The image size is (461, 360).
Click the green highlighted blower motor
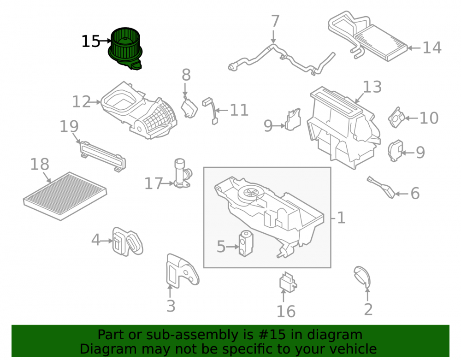click(125, 48)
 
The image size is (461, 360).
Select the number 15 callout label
click(91, 41)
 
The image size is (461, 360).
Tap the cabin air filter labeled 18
click(65, 196)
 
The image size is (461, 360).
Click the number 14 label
click(432, 47)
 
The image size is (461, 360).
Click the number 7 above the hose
click(275, 21)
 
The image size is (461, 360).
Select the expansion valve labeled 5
click(246, 244)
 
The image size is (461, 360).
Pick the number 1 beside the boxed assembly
click(341, 218)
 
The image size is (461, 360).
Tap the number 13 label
click(372, 87)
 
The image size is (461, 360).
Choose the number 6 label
click(415, 194)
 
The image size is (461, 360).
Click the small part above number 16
click(288, 283)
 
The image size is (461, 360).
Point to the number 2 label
click(368, 309)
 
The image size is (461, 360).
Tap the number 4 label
click(95, 240)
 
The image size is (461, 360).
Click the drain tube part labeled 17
click(182, 173)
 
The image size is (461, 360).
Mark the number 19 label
click(69, 126)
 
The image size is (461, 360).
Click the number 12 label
click(82, 102)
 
